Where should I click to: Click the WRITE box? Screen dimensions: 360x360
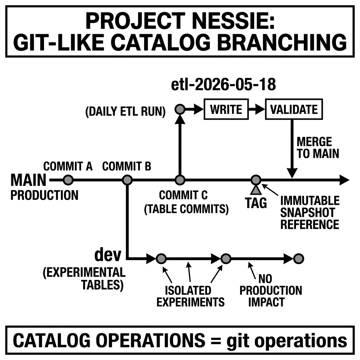[226, 109]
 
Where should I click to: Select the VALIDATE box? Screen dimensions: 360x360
[294, 109]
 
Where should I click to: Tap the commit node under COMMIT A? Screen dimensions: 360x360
[68, 180]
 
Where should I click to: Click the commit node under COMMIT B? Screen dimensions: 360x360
[127, 180]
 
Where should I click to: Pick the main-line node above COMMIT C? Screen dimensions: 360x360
[180, 180]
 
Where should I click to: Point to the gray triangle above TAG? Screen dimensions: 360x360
[256, 190]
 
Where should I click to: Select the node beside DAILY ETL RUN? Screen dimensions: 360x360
[180, 109]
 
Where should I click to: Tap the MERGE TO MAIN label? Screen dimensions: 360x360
[318, 148]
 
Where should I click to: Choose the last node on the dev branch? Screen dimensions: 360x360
[298, 259]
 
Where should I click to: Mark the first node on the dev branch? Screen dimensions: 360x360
[161, 259]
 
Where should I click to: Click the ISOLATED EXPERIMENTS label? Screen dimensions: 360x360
[190, 296]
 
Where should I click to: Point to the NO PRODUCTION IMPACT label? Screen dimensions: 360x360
[271, 290]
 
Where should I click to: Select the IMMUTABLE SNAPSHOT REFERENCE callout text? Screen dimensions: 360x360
[310, 212]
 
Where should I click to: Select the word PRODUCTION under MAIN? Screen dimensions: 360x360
[45, 195]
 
